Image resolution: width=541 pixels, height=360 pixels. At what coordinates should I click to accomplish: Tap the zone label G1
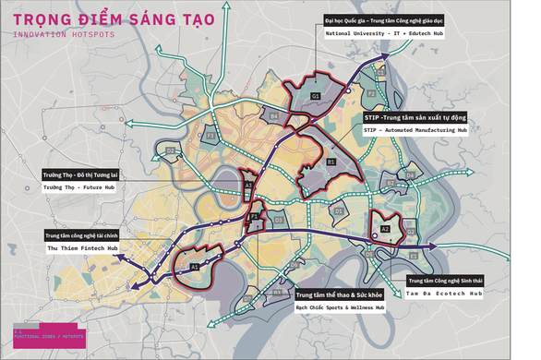pyautogui.click(x=315, y=96)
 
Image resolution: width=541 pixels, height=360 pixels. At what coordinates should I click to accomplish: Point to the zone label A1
pyautogui.click(x=195, y=267)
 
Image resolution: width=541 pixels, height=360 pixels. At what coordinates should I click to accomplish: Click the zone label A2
pyautogui.click(x=386, y=228)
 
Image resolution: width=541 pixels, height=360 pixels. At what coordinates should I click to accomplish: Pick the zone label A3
pyautogui.click(x=248, y=186)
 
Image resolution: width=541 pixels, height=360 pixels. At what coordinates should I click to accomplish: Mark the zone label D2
pyautogui.click(x=171, y=150)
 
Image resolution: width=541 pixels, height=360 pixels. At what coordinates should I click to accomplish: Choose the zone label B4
pyautogui.click(x=274, y=115)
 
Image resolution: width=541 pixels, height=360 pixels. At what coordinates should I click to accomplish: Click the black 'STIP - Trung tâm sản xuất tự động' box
pyautogui.click(x=415, y=118)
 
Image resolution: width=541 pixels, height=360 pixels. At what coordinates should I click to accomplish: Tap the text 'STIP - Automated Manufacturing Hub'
pyautogui.click(x=415, y=130)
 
